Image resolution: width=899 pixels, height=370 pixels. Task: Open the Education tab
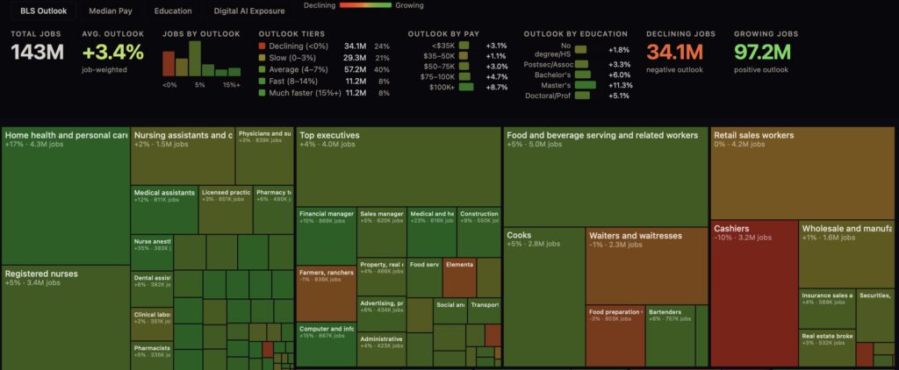pos(173,11)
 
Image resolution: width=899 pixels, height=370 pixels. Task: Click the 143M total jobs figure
pos(36,53)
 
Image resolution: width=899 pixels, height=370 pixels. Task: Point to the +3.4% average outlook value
pos(112,53)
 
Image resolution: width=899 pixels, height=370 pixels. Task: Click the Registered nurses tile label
pos(40,274)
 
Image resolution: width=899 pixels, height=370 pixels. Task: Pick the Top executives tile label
pos(329,136)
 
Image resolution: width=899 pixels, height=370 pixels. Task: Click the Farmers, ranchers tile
pos(326,289)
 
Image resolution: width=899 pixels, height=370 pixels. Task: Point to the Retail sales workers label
pos(754,136)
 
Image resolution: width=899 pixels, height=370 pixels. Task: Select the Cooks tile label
pos(519,236)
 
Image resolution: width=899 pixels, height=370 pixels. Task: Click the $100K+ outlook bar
pos(465,87)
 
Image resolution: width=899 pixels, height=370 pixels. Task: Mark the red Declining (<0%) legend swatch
pos(263,46)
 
